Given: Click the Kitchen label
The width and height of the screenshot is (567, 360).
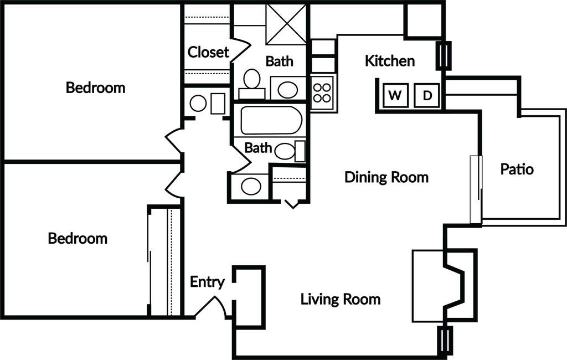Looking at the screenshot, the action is pos(389,61).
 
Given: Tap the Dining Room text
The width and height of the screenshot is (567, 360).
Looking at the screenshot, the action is pos(386,177).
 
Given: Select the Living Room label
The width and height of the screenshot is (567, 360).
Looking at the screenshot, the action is pos(341,299).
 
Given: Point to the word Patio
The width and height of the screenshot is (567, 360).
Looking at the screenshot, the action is pos(517,169).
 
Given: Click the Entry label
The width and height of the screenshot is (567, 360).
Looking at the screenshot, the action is pos(207,282).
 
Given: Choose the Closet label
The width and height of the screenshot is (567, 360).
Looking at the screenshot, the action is pos(208,52).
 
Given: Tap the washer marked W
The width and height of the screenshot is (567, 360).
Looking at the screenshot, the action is pos(395,95).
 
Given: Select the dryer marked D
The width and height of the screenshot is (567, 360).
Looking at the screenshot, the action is pos(427,95).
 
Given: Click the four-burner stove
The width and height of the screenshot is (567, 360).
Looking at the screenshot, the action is pos(322,93).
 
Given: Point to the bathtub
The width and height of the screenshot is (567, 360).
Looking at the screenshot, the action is pos(271,120).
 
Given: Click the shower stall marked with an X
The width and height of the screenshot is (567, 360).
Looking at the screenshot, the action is pos(286,24).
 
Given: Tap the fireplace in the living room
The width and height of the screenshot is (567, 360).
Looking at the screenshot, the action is pos(445,286).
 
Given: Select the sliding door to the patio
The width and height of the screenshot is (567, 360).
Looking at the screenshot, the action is pos(476,189).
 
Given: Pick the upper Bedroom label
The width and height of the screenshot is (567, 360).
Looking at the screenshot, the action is pos(95,88).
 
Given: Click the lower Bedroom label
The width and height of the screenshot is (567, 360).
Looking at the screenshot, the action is pos(78,239).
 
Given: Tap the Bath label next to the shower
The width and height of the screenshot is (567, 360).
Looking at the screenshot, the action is pos(279,61).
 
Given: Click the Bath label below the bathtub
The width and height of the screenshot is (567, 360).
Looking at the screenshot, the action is pos(258,148).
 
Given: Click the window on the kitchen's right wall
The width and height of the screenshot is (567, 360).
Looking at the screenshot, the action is pos(444,55).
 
